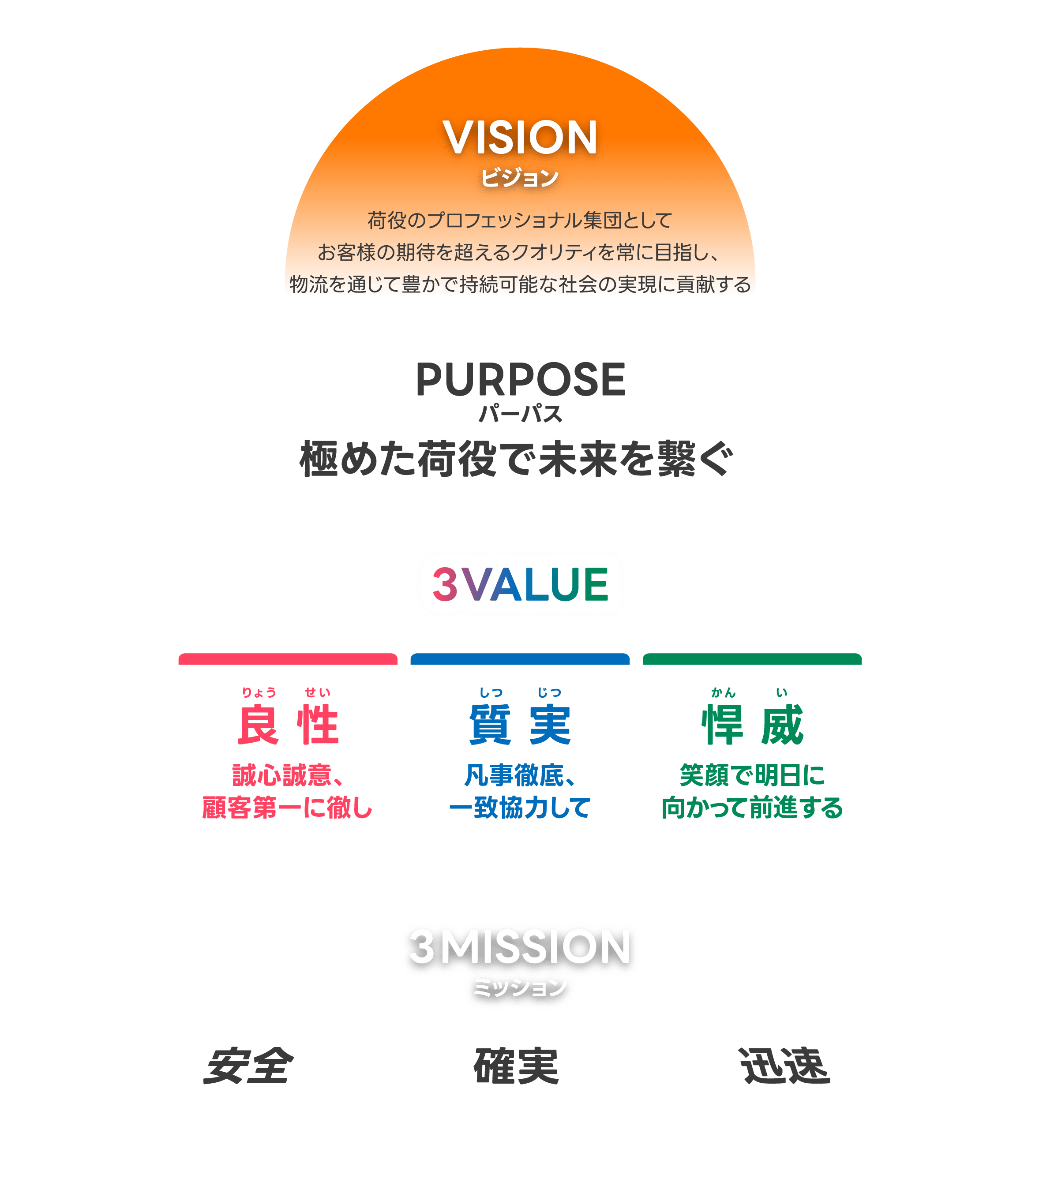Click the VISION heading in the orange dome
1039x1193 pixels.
tap(520, 138)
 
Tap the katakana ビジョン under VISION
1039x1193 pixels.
tap(520, 177)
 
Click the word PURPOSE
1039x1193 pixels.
tap(520, 380)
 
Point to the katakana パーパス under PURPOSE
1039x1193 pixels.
tap(520, 414)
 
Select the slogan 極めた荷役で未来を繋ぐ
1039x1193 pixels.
tap(517, 459)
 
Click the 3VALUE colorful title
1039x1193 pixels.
tap(520, 584)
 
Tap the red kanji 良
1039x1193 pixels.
tap(258, 725)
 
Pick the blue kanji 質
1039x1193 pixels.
tap(490, 725)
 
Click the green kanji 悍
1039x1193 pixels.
tap(722, 725)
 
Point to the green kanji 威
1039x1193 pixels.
tap(782, 725)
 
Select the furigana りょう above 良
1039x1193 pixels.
tap(259, 692)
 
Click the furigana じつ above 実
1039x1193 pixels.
tap(549, 692)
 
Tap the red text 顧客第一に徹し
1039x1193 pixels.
tap(287, 808)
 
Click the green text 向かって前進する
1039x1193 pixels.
tap(752, 808)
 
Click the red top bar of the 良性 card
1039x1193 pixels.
tap(288, 659)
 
